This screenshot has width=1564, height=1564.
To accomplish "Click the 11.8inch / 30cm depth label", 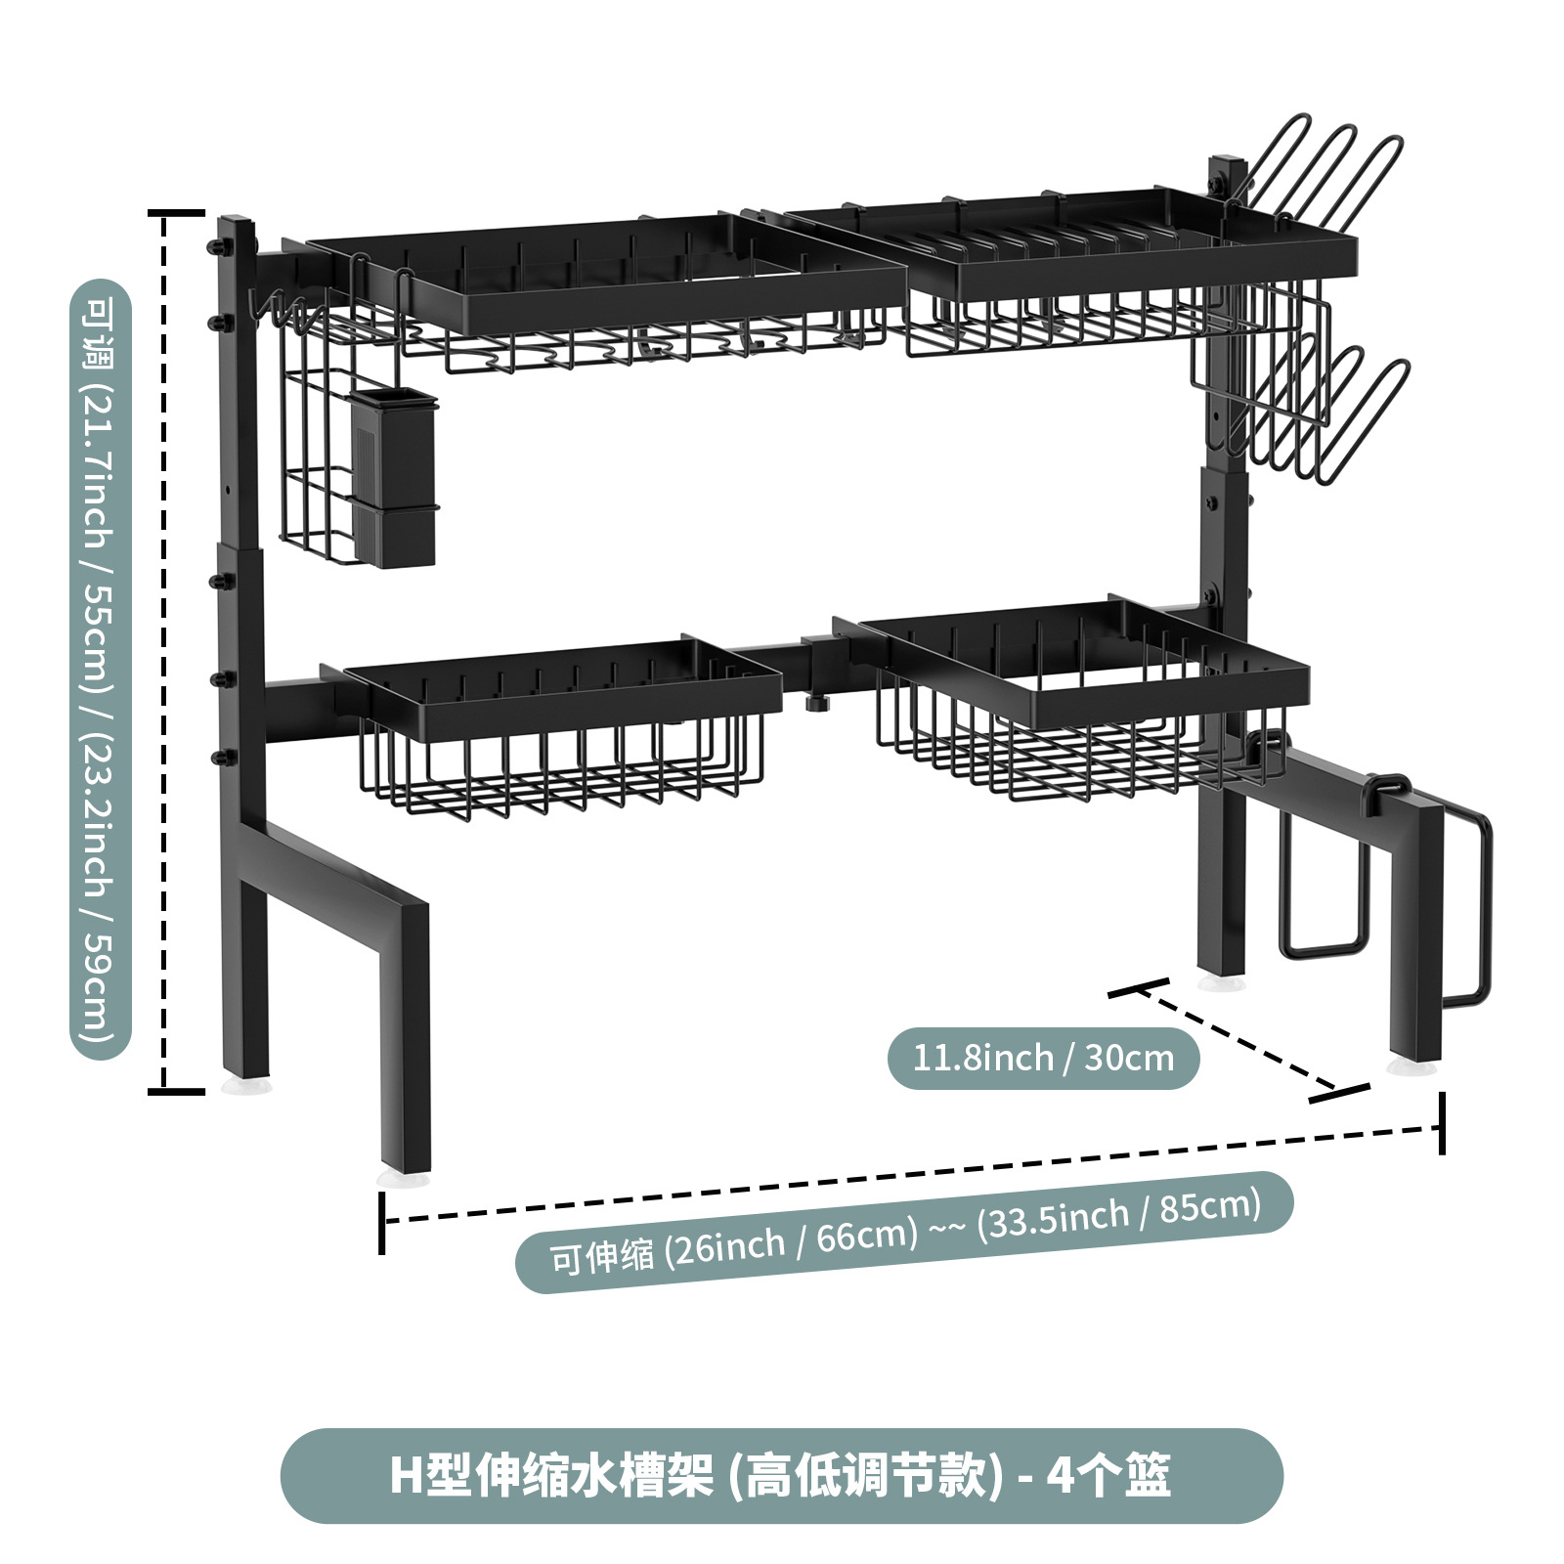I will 1043,1058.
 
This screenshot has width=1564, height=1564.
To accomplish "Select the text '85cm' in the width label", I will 1209,1207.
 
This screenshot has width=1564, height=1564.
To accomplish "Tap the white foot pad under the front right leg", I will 1412,1066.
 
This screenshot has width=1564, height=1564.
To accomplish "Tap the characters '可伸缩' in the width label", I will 601,1256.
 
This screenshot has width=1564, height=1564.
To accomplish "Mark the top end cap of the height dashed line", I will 176,212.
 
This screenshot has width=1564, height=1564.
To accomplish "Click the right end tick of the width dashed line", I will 1441,1124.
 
